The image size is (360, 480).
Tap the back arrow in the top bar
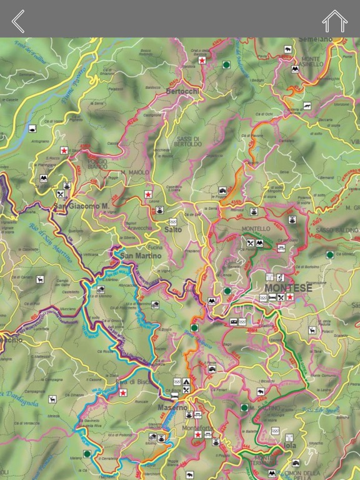click(x=18, y=21)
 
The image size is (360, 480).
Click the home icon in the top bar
click(x=334, y=21)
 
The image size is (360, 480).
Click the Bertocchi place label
click(x=183, y=91)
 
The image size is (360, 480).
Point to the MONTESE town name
click(x=288, y=287)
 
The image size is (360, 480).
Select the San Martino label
click(x=137, y=256)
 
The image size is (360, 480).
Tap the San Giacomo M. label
click(x=81, y=206)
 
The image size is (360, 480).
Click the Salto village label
click(x=173, y=229)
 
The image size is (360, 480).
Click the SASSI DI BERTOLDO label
click(x=188, y=141)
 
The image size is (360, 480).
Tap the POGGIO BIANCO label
click(x=97, y=164)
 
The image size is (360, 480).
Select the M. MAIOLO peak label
click(x=135, y=172)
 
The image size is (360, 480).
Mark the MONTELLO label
click(x=256, y=229)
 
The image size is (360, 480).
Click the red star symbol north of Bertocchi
click(x=202, y=60)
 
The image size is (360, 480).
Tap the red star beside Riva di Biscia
click(x=123, y=392)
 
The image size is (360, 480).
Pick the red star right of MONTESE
click(x=289, y=297)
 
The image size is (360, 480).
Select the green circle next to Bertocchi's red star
click(x=226, y=64)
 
